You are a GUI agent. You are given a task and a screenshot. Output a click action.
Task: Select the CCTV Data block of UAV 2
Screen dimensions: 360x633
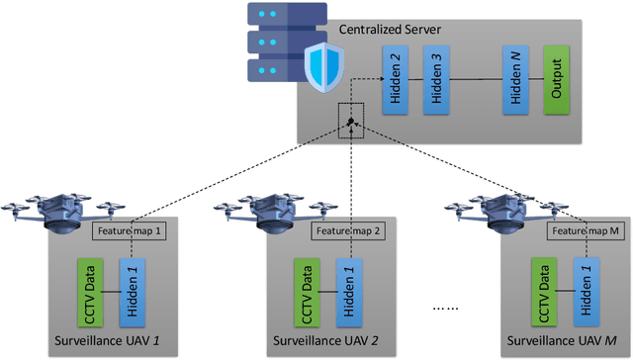click(x=306, y=293)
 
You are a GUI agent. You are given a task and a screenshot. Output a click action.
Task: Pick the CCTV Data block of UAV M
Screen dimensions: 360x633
click(x=542, y=293)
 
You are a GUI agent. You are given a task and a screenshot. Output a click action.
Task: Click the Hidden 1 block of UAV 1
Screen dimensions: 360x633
click(x=130, y=293)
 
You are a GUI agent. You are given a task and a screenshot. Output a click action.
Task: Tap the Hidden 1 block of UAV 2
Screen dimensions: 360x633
click(x=345, y=293)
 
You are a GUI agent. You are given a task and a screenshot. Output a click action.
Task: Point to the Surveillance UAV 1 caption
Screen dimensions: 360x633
click(x=108, y=345)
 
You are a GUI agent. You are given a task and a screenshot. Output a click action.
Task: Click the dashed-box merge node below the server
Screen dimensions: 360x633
click(x=351, y=123)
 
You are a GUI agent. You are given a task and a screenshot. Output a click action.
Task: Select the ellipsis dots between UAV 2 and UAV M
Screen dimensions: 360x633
click(x=449, y=309)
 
